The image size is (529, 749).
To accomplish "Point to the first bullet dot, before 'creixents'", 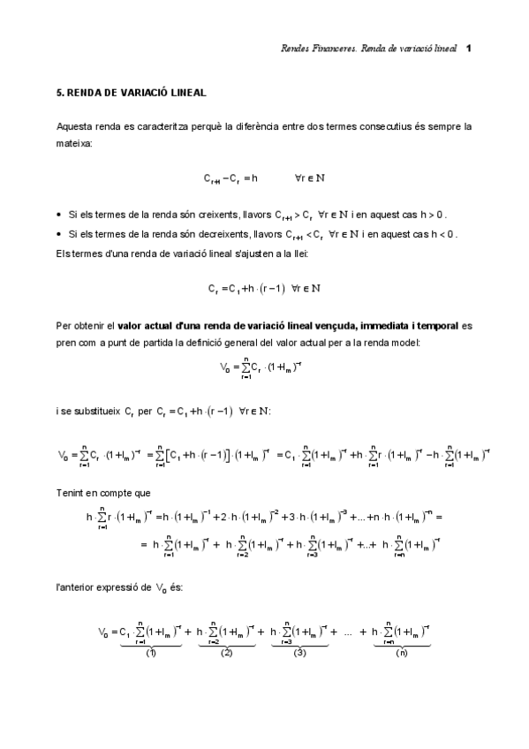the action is [x=58, y=215].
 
